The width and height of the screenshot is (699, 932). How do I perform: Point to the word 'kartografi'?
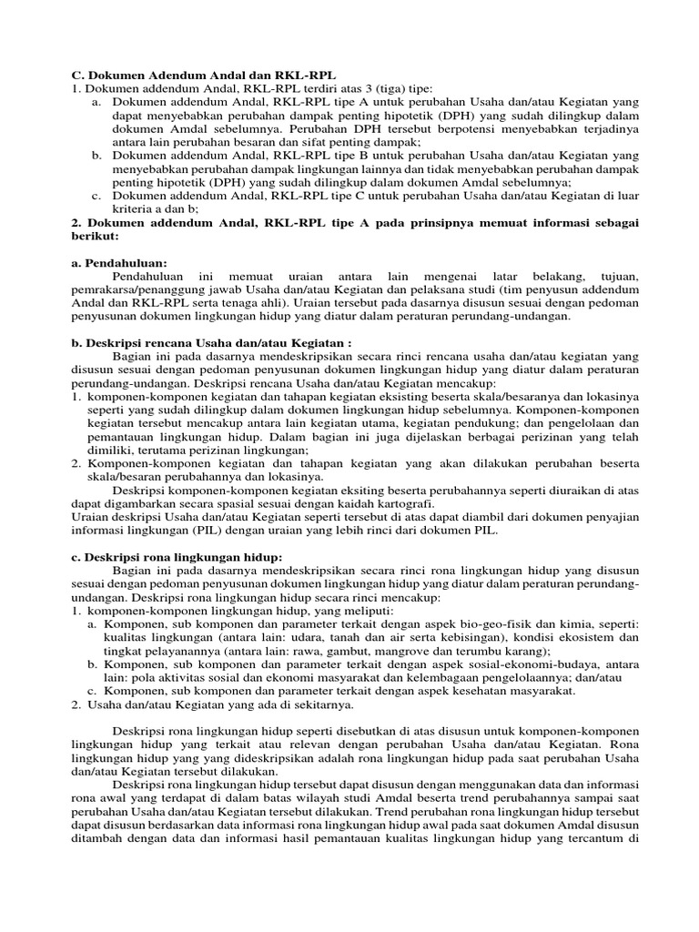tap(405, 503)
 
